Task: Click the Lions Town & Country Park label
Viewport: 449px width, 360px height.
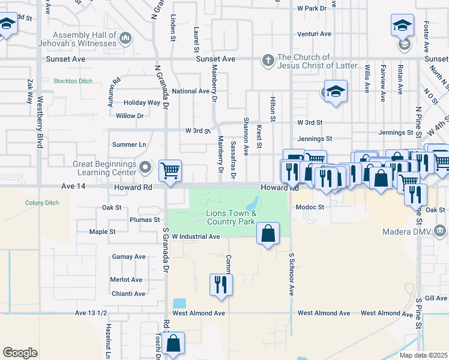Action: click(231, 217)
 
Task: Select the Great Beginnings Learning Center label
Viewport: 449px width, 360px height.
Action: click(105, 167)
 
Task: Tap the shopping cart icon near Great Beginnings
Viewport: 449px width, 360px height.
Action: click(170, 170)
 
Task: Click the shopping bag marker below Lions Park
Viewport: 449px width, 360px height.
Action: click(268, 235)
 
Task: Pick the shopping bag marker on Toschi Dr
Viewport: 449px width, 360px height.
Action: click(173, 344)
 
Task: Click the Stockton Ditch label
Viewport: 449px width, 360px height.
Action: click(73, 80)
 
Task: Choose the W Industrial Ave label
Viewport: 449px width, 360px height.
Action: click(196, 236)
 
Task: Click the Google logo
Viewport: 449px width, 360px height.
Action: click(20, 353)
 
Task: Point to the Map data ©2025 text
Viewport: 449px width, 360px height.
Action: click(424, 355)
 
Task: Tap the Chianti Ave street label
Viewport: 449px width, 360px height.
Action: click(128, 294)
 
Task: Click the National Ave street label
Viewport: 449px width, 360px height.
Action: click(190, 91)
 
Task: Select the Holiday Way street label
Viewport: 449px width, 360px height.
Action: click(142, 103)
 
